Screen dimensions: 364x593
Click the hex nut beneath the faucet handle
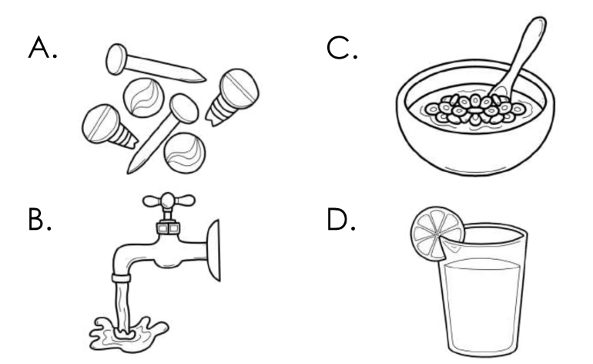(167, 227)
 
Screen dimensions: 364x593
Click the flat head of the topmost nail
(116, 57)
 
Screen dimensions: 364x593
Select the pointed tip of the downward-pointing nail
(133, 169)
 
